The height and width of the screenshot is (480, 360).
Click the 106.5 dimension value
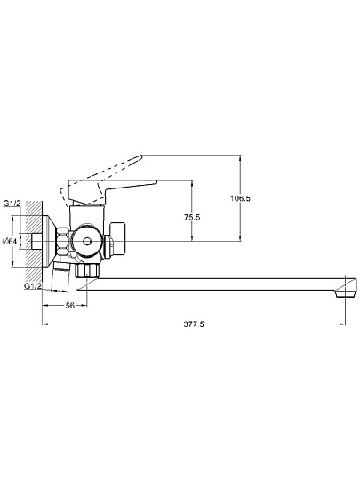click(x=240, y=198)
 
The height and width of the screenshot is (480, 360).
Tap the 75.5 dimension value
click(x=192, y=218)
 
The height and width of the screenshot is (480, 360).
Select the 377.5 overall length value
click(x=194, y=324)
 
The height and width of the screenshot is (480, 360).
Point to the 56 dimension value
click(x=70, y=305)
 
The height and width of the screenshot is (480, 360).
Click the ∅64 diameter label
click(x=9, y=242)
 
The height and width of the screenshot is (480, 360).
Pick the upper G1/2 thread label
click(x=12, y=204)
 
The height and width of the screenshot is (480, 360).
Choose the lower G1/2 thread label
click(x=33, y=286)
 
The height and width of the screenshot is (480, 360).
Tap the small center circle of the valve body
click(x=87, y=242)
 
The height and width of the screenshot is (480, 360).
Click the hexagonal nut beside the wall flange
click(x=62, y=242)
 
